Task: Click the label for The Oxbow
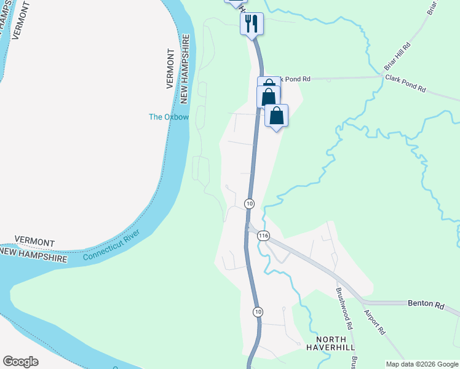coord(169,117)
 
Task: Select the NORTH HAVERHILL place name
coord(331,343)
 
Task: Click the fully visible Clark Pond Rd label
coord(405,84)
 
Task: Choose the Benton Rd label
coord(426,304)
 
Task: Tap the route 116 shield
coord(264,236)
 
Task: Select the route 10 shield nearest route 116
coord(249,203)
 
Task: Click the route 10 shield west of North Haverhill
coord(257,312)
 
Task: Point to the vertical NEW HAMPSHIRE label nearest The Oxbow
coord(184,68)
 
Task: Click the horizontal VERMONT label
coord(34,242)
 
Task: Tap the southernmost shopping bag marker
coord(277,116)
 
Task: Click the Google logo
coord(20,362)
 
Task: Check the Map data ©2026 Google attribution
coord(421,364)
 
